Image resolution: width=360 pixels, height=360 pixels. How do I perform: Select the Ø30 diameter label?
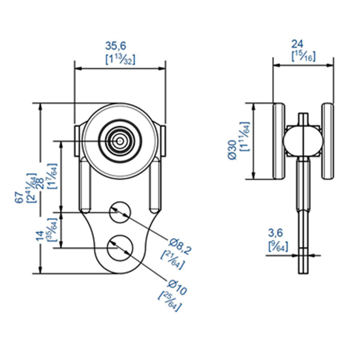pos(233,149)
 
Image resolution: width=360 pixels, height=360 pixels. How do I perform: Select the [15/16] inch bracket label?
pos(304,56)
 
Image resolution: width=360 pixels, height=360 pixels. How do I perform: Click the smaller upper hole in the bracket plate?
pos(121,211)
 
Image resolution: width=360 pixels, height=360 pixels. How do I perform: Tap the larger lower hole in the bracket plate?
pos(121,246)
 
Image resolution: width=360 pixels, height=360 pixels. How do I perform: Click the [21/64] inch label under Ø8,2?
pos(171,259)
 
